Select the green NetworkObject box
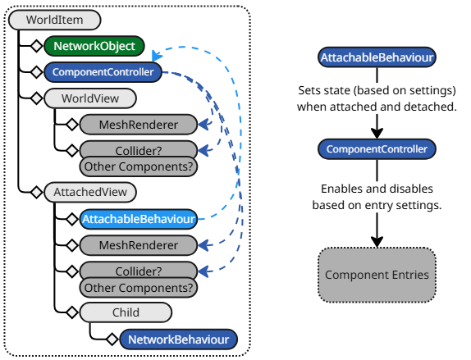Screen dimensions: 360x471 [x=94, y=46]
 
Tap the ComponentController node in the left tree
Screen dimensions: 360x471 [x=103, y=72]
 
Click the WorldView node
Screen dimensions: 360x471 [x=90, y=98]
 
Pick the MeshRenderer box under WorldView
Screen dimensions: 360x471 [x=138, y=125]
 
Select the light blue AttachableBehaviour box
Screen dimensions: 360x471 [x=138, y=219]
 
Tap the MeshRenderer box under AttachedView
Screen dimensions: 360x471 [x=138, y=245]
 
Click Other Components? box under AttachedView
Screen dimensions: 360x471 [x=139, y=288]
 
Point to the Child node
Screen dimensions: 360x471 [x=126, y=312]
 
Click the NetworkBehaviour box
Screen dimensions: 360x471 [x=178, y=339]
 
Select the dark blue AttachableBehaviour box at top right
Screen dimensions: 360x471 [x=377, y=57]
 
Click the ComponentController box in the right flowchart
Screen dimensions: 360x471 [x=377, y=149]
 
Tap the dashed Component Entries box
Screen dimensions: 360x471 [x=377, y=275]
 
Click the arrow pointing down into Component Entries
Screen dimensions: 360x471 [x=377, y=234]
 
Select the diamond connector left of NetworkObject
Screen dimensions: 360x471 [x=35, y=46]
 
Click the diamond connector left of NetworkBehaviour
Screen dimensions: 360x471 [x=111, y=339]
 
